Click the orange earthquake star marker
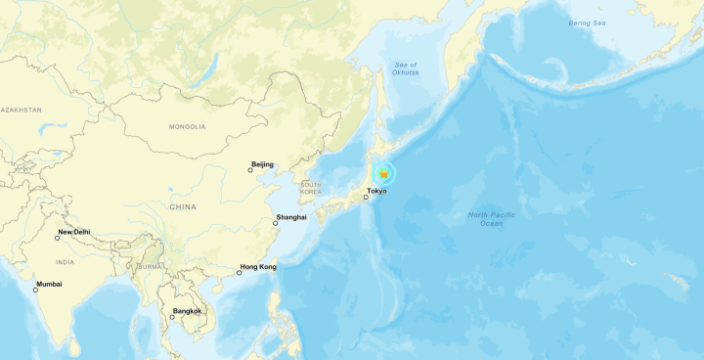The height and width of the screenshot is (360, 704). point(384,174)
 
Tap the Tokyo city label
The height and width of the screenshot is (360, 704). point(376,190)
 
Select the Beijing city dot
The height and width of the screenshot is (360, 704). point(249,170)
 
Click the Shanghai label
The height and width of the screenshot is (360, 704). point(291,216)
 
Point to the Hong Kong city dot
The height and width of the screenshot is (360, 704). point(239,272)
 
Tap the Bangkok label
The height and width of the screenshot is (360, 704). point(187,311)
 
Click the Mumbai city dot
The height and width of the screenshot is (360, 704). point(34,291)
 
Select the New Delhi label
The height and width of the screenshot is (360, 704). point(74,232)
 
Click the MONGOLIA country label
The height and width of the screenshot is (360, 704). point(187,126)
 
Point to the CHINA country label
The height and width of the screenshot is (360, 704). point(182,206)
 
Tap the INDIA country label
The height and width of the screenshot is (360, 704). point(65,262)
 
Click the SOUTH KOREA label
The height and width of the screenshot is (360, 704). point(311,188)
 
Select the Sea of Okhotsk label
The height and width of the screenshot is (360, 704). point(405,67)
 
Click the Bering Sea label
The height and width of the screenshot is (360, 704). point(587,22)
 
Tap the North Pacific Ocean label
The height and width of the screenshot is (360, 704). point(491,219)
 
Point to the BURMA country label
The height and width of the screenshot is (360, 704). point(149,266)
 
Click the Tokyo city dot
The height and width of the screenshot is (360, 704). point(366,198)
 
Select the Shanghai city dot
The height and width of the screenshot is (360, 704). point(275,223)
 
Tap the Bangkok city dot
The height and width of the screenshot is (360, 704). point(172,317)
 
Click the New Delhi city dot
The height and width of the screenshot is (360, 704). point(57,238)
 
